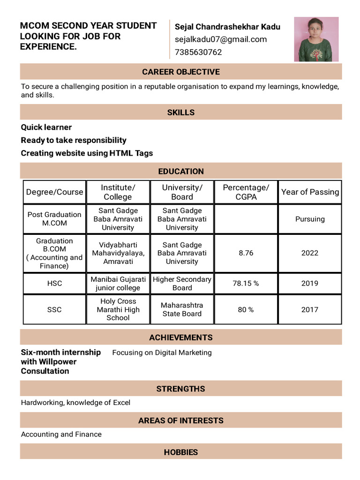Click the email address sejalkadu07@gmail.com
[x=221, y=39]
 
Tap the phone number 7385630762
[x=198, y=52]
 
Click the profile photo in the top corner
[x=316, y=39]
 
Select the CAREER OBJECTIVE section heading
[x=181, y=72]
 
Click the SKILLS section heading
[x=181, y=112]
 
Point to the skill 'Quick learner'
[x=46, y=127]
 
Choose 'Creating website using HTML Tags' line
[x=87, y=153]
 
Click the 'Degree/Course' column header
[x=55, y=192]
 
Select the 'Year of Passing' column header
[x=310, y=192]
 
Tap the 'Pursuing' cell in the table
[x=310, y=219]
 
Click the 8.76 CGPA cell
[x=246, y=253]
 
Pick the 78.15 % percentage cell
[x=246, y=283]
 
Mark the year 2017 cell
[x=310, y=309]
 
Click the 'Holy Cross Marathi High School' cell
[x=118, y=309]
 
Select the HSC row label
[x=55, y=283]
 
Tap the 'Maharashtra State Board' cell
[x=182, y=309]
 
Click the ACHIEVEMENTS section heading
[x=181, y=337]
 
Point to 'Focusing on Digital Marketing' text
[x=162, y=352]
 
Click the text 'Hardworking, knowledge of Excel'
[x=75, y=403]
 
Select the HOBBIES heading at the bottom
[x=181, y=452]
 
